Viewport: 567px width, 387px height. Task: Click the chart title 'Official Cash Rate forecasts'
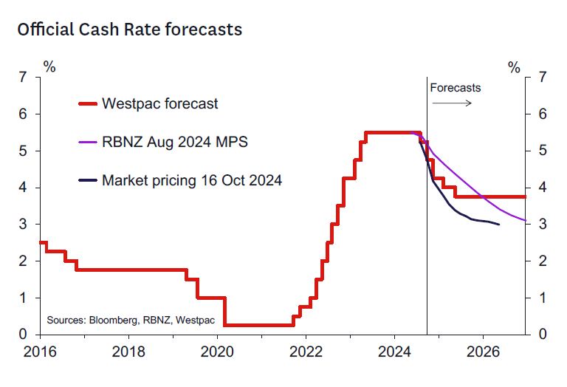tap(129, 30)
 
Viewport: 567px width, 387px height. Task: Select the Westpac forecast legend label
tap(160, 103)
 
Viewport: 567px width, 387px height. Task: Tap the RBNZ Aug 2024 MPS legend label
tap(175, 141)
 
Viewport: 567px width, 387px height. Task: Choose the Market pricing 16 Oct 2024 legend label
tap(192, 179)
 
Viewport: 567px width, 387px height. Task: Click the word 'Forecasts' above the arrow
tap(456, 87)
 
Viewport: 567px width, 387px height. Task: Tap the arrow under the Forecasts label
tap(452, 103)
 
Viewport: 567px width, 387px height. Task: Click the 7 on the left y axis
tap(24, 78)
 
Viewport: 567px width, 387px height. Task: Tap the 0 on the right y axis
tap(543, 335)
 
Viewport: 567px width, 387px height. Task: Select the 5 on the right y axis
tap(543, 151)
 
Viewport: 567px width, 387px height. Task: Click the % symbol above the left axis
tap(49, 67)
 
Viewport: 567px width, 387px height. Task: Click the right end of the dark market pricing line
tap(499, 224)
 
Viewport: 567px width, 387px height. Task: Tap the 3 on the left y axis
tap(24, 224)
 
